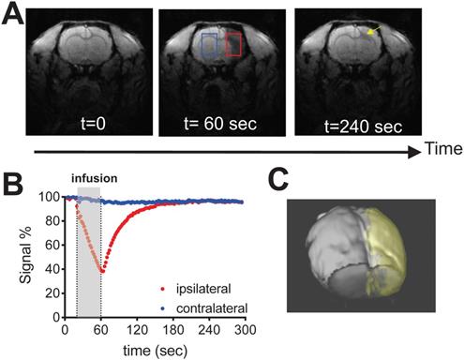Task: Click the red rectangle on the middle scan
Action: point(233,45)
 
